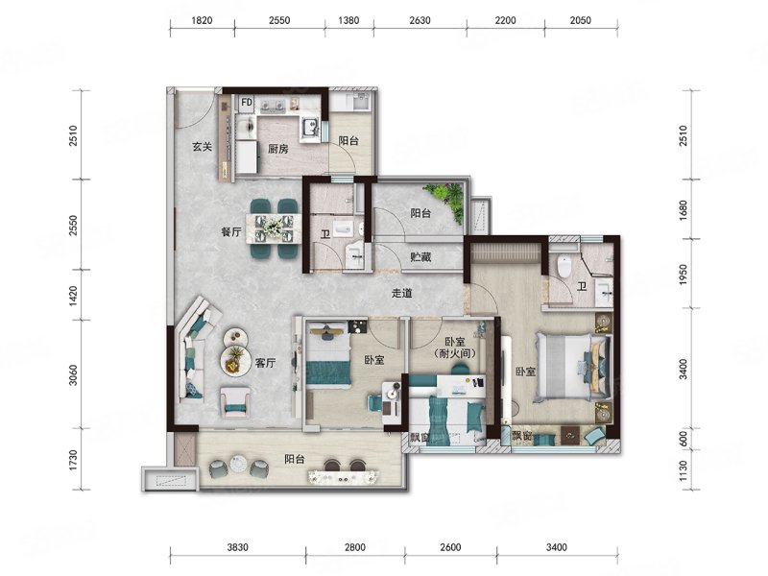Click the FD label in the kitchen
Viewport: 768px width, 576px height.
pyautogui.click(x=247, y=103)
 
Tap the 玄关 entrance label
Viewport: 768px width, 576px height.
pyautogui.click(x=202, y=147)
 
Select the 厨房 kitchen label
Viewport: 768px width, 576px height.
pyautogui.click(x=277, y=149)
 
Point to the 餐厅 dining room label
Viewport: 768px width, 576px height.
pyautogui.click(x=231, y=231)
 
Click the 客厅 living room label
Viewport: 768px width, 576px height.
pyautogui.click(x=265, y=363)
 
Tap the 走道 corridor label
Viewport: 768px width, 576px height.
pyautogui.click(x=401, y=293)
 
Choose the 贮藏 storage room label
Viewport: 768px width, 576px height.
pyautogui.click(x=420, y=256)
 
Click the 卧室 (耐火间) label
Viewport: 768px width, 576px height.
pyautogui.click(x=455, y=348)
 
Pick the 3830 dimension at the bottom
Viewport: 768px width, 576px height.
pyautogui.click(x=237, y=547)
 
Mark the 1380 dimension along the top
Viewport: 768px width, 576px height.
pyautogui.click(x=348, y=20)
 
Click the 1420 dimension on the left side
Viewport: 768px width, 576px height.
pyautogui.click(x=73, y=296)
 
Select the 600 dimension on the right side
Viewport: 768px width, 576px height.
pyautogui.click(x=684, y=439)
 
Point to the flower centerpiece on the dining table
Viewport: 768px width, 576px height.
pyautogui.click(x=272, y=227)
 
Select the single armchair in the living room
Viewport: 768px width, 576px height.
pyautogui.click(x=235, y=401)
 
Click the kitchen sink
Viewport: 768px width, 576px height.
pyautogui.click(x=310, y=129)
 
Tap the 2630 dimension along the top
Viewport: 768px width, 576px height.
pyautogui.click(x=420, y=20)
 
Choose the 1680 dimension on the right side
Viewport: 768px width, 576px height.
pyautogui.click(x=684, y=209)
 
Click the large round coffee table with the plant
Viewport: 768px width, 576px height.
pyautogui.click(x=235, y=361)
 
